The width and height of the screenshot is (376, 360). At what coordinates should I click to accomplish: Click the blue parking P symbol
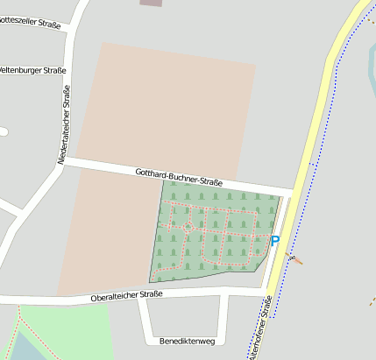point(274,241)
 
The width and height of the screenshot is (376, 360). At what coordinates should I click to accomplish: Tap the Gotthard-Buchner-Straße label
point(180,177)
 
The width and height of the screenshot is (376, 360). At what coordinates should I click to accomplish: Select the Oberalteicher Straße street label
point(127,297)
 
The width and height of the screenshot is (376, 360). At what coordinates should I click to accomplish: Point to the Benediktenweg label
point(188,340)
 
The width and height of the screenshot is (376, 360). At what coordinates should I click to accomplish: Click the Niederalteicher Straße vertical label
point(64,128)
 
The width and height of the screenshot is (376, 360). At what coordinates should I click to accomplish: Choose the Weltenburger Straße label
point(32,69)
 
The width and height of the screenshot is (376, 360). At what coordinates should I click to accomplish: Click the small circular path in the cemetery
point(187,227)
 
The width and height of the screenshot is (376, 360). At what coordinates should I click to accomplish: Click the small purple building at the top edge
point(152,3)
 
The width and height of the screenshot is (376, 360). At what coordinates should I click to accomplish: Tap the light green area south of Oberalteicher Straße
point(70,328)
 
